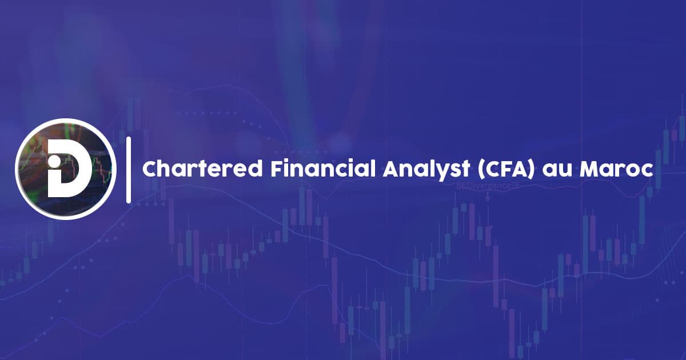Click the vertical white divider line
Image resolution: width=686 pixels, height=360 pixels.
(129, 170)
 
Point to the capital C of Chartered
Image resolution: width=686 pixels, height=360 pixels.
(150, 170)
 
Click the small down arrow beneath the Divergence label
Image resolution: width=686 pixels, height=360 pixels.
(488, 197)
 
